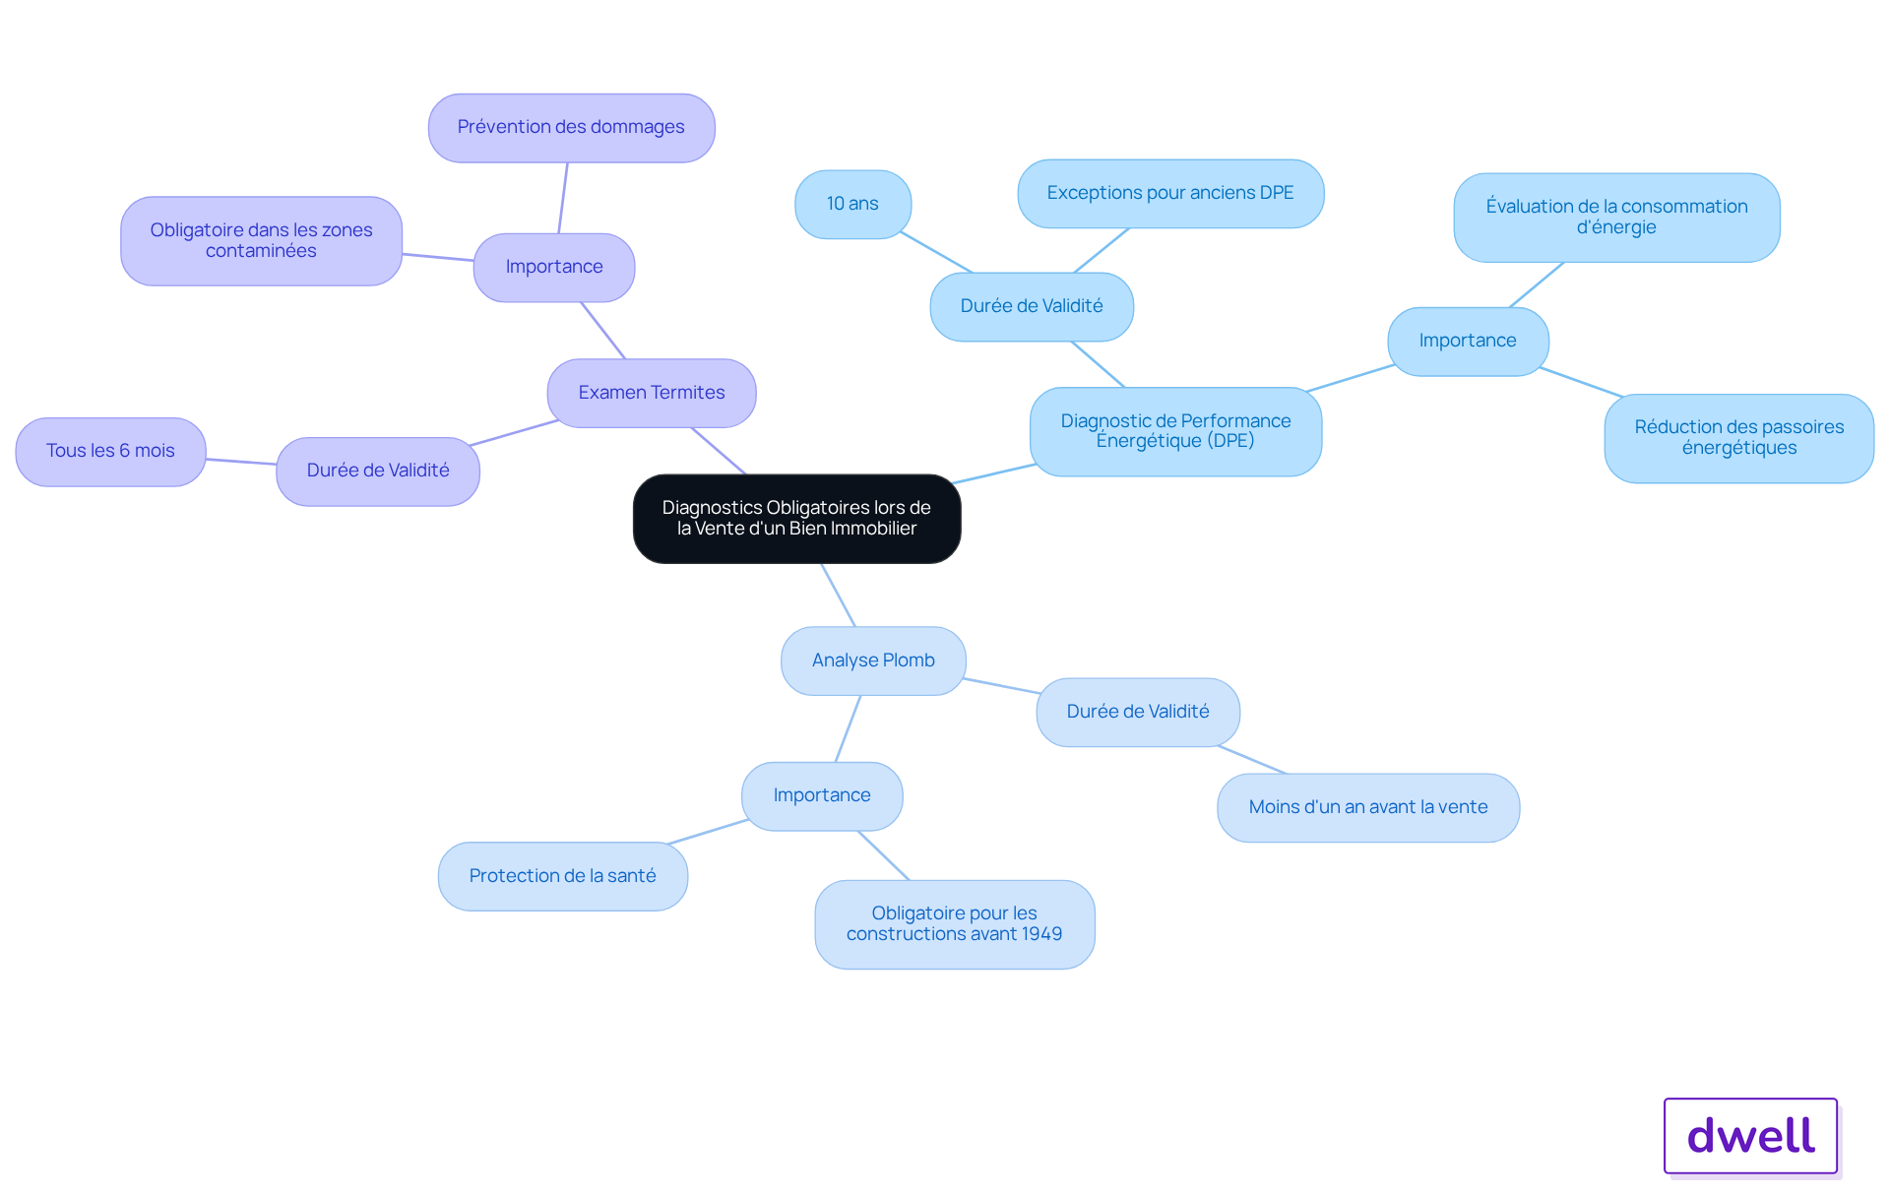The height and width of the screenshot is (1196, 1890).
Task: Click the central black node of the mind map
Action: click(796, 519)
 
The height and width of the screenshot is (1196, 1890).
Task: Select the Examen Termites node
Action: click(652, 393)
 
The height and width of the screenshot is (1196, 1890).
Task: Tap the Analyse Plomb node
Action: click(873, 661)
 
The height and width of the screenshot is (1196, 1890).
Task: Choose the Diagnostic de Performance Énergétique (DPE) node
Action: click(1175, 431)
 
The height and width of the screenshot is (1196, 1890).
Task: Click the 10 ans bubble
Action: click(852, 204)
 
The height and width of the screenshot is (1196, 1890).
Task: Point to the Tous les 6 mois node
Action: click(110, 451)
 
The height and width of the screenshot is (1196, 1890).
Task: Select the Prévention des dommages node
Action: click(571, 127)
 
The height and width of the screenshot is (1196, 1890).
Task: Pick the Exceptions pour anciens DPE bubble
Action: click(1169, 193)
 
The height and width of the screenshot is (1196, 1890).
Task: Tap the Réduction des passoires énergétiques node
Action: click(1738, 438)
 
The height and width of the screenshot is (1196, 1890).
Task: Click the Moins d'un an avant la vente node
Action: click(1367, 807)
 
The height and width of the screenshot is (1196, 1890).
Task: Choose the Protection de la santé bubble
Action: click(562, 876)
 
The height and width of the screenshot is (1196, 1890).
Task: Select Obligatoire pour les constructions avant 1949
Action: click(954, 923)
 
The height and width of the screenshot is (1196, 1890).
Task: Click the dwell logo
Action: click(1750, 1135)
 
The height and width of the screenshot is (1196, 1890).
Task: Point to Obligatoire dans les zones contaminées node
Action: click(261, 240)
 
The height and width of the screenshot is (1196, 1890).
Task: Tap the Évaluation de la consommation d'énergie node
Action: click(1616, 217)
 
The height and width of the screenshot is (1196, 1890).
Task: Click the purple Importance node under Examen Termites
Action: click(554, 267)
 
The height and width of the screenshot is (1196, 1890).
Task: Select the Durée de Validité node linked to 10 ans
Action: click(1032, 306)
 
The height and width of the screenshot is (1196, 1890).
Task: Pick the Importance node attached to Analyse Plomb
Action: click(822, 795)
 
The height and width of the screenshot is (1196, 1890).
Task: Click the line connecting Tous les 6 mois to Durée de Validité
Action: click(241, 462)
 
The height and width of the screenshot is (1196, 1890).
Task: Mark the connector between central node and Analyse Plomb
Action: click(839, 596)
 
